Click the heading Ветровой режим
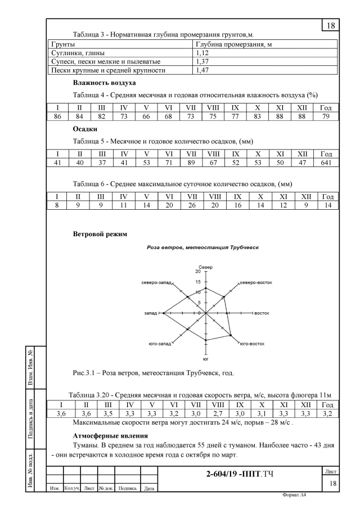99,233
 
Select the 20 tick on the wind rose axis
197,271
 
